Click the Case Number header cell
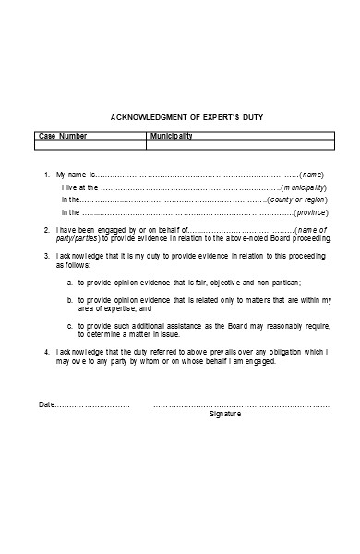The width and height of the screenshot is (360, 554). [61, 135]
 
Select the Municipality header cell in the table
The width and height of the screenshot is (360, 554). [171, 135]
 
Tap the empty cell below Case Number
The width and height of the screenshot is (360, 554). [90, 144]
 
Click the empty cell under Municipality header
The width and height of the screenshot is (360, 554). [239, 144]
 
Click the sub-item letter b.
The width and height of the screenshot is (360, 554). [70, 299]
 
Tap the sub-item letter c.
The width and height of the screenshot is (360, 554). [70, 326]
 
